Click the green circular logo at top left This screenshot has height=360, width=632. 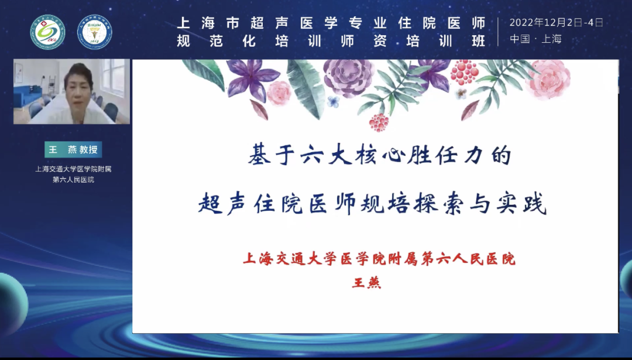[48, 32]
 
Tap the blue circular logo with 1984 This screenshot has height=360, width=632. [95, 32]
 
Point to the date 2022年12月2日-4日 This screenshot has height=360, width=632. [556, 23]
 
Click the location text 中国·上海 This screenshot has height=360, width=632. [535, 39]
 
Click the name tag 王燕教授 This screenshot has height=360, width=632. [73, 149]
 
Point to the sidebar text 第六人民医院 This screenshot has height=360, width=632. [73, 180]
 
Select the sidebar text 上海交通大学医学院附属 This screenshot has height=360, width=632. [73, 169]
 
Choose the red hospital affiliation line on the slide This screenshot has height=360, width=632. [379, 259]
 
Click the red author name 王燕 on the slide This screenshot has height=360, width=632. [366, 282]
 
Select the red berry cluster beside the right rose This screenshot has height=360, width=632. [464, 72]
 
